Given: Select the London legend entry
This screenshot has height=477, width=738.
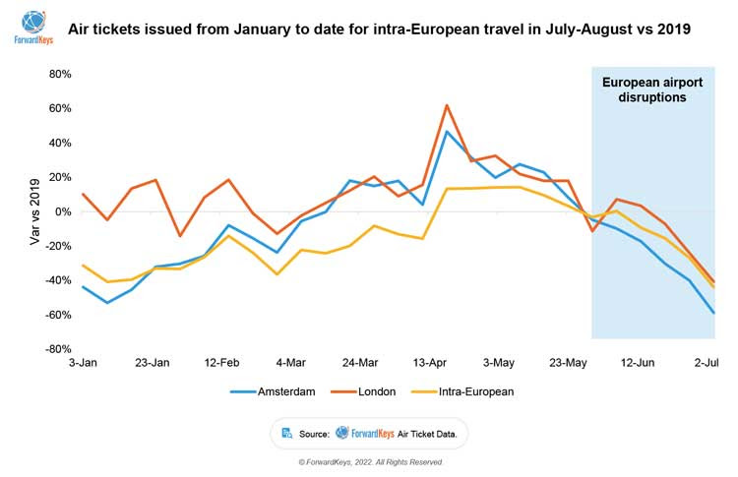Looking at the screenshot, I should point(376,391).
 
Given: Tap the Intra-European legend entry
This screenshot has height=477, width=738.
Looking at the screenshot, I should point(475,391).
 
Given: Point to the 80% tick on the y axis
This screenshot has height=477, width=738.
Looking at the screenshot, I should point(59,74).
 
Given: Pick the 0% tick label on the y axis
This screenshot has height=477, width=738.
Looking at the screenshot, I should point(63,211).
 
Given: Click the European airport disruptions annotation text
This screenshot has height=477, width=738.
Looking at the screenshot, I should point(652,89).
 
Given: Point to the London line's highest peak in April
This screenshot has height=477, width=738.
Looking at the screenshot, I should point(447,105).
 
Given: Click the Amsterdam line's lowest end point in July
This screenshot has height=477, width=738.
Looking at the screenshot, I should point(713,314).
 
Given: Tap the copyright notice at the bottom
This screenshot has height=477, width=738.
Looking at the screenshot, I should point(370,461).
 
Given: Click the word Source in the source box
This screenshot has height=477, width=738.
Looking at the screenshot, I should point(314,432).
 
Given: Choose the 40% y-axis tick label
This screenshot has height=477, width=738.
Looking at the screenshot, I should point(59,143).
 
